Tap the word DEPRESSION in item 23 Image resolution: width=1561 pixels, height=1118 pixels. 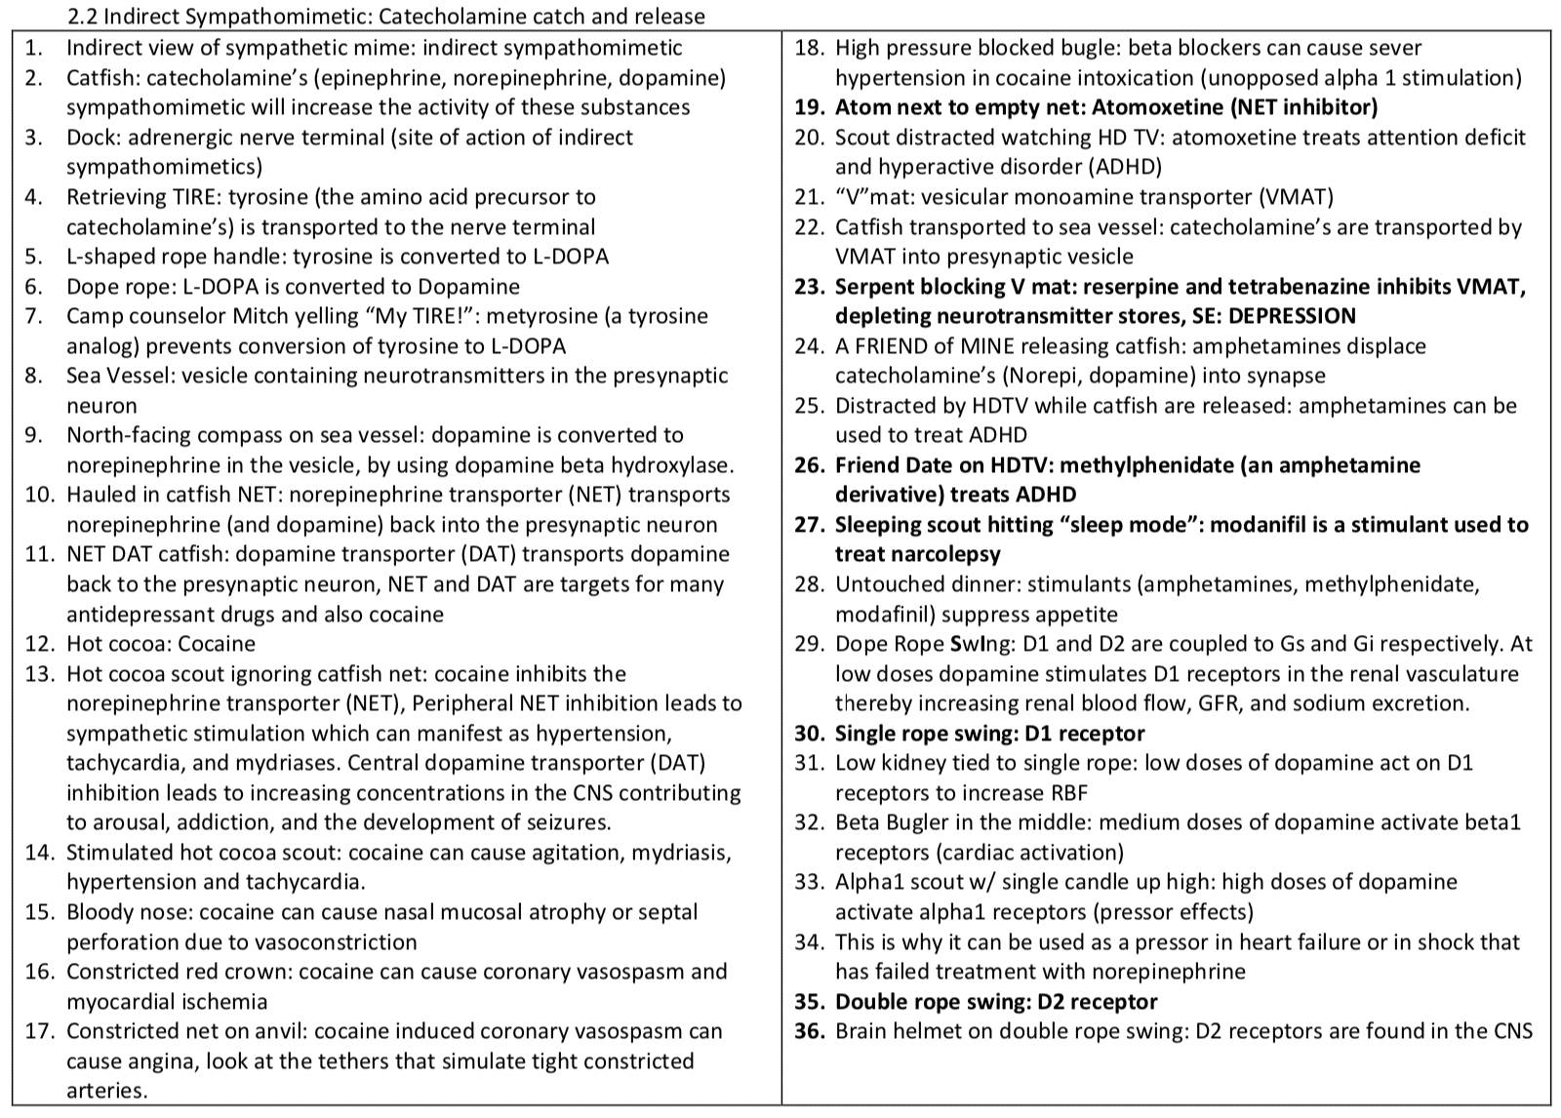click(x=1293, y=316)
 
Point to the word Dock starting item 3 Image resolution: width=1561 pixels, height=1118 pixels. click(x=89, y=138)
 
